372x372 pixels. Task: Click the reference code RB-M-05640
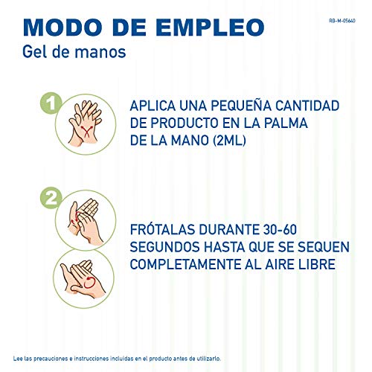[x=342, y=21]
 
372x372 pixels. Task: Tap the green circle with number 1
[x=51, y=103]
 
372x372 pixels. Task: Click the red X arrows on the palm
[x=86, y=131]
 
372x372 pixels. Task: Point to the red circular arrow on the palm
[x=89, y=283]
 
